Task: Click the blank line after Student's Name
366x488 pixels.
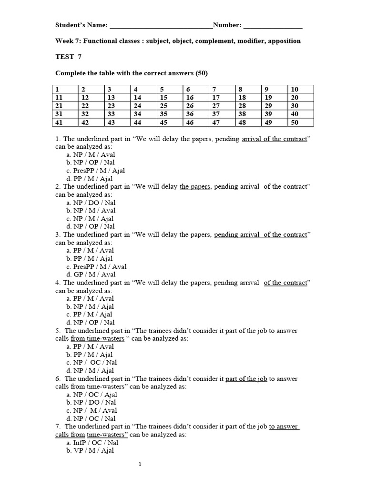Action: pyautogui.click(x=161, y=26)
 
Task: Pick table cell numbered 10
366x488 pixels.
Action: pyautogui.click(x=300, y=89)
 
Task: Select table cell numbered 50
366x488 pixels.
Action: pyautogui.click(x=300, y=122)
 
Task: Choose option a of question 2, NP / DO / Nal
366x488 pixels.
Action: pyautogui.click(x=91, y=203)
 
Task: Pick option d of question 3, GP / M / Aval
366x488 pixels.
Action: pyautogui.click(x=91, y=274)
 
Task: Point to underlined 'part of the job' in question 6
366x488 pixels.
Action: pyautogui.click(x=246, y=379)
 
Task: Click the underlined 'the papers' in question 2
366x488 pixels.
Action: pyautogui.click(x=194, y=186)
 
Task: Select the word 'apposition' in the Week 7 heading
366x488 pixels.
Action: pyautogui.click(x=284, y=41)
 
